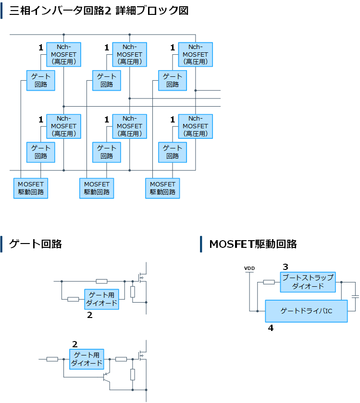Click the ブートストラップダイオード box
(x=308, y=282)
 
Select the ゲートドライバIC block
(x=306, y=311)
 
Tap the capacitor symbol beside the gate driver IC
(x=355, y=297)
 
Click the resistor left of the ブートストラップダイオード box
(x=269, y=282)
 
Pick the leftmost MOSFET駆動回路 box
(x=31, y=188)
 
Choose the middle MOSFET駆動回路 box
(x=97, y=188)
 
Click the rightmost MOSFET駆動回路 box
(x=162, y=188)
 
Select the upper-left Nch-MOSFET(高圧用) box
(x=63, y=54)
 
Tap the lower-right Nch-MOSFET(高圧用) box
(x=195, y=126)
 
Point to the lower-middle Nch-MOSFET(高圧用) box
(x=129, y=126)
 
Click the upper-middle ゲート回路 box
(x=107, y=80)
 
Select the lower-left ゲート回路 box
(x=41, y=152)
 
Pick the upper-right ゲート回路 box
(x=173, y=80)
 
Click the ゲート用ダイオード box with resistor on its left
(x=101, y=299)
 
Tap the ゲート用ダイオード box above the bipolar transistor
(x=87, y=359)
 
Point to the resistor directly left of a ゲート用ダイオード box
(x=73, y=299)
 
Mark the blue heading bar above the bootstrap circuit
(x=201, y=244)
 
